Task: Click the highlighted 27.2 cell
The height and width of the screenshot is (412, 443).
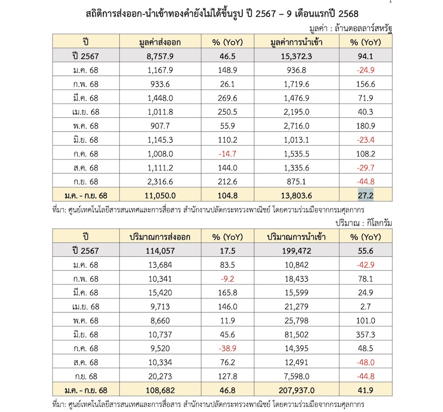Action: (x=365, y=196)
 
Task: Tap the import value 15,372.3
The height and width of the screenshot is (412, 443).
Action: (x=294, y=56)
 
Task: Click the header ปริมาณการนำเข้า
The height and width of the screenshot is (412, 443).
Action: (x=294, y=237)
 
